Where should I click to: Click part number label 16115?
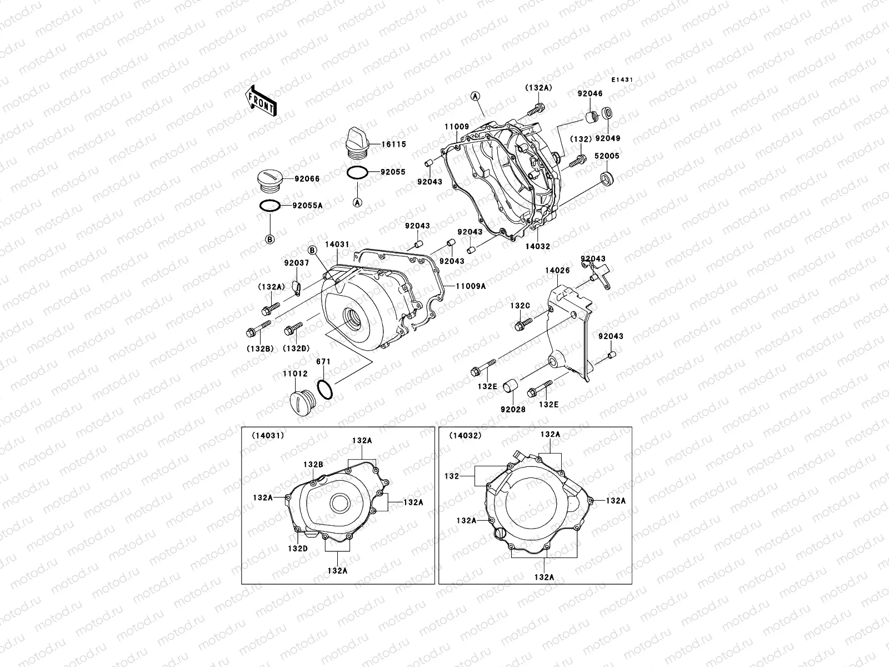(393, 144)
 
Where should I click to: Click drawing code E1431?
(622, 80)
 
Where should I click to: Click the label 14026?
(557, 271)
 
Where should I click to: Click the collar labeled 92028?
(510, 385)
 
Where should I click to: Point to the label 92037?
(296, 263)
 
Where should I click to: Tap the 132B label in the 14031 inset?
(313, 464)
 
